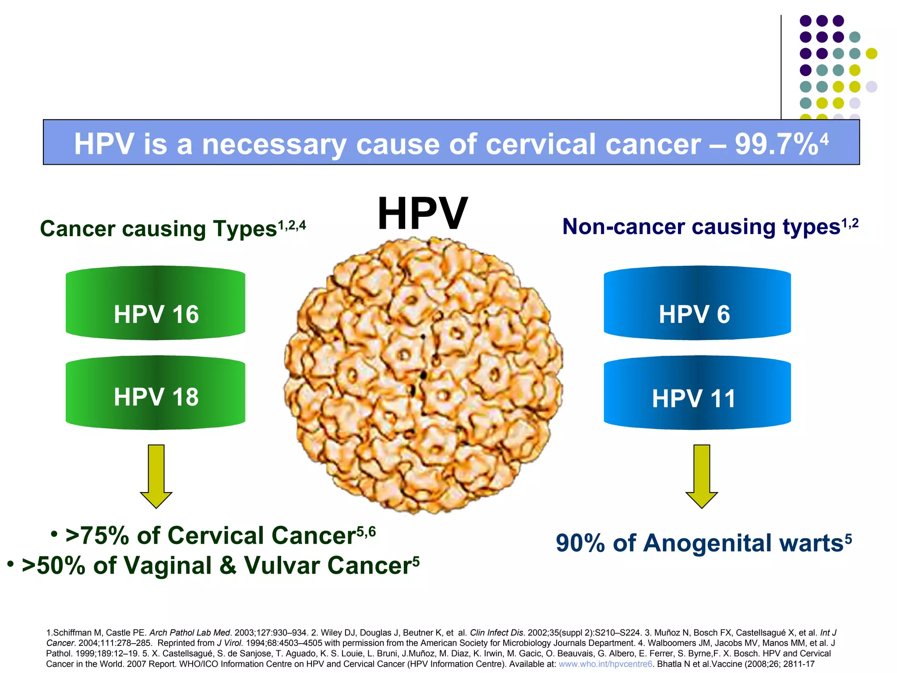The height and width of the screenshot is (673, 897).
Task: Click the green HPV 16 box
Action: [155, 303]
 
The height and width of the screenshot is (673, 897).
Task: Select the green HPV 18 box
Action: [155, 393]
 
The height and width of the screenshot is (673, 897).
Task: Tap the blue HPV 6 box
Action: [697, 303]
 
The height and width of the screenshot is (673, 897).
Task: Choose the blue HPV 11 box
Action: [697, 393]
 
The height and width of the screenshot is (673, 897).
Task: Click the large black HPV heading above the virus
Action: [422, 214]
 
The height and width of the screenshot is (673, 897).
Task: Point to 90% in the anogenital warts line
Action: [580, 543]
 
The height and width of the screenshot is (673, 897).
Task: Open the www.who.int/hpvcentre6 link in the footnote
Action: [605, 664]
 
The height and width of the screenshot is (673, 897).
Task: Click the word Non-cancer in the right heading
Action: [624, 227]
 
